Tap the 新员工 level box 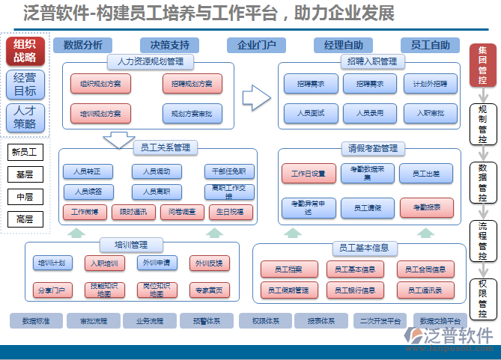tap(25, 153)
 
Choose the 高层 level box tap(25, 219)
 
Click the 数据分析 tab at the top tap(83, 45)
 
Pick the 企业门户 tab tap(257, 45)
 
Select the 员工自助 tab tap(431, 45)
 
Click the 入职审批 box tap(425, 113)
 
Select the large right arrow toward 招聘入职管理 tap(256, 95)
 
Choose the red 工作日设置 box tap(309, 174)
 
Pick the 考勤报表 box tap(425, 206)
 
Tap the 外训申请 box tap(157, 263)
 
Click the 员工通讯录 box tap(425, 289)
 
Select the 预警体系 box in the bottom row tap(207, 321)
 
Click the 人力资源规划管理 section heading tap(151, 61)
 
